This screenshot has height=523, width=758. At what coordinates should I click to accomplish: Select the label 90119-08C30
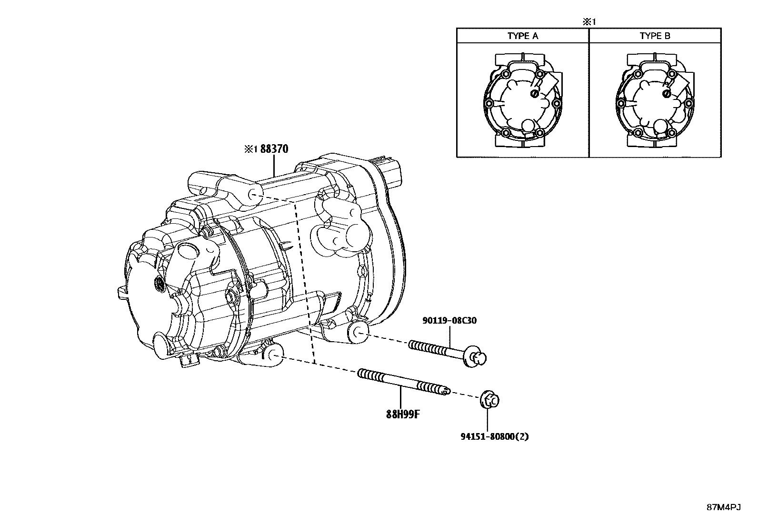449,321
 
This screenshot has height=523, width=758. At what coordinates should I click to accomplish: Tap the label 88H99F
402,414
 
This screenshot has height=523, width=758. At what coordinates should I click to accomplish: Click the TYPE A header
522,36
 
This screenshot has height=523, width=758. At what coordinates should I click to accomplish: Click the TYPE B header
655,36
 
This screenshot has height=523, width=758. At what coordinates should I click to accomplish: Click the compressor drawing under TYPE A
522,101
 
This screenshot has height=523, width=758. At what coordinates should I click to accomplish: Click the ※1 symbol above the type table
589,21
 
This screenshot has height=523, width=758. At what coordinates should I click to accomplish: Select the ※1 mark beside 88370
250,149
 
